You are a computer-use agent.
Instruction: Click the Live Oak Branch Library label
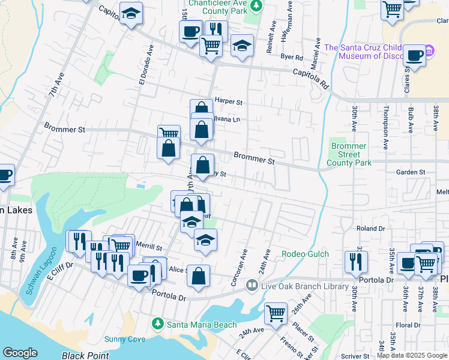(304, 286)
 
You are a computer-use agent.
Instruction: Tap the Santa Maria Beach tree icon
(158, 324)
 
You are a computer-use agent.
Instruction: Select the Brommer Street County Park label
(349, 154)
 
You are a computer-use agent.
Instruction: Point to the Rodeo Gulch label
(306, 254)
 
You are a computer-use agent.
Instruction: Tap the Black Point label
(83, 355)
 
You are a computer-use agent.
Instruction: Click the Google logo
(20, 353)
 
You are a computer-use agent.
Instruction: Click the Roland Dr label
(370, 229)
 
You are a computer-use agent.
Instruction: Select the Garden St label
(411, 172)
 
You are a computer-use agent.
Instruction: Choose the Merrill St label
(149, 247)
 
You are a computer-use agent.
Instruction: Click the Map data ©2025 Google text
(412, 355)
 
